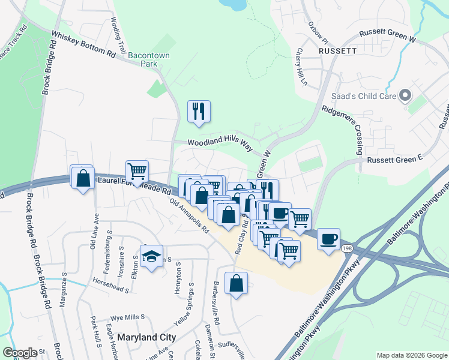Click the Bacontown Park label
[142, 59]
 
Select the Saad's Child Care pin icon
[405, 95]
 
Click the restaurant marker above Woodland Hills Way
[199, 112]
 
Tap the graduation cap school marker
[152, 257]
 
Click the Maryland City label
[146, 338]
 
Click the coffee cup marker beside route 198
[328, 239]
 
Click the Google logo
[19, 353]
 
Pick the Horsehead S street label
[112, 285]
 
